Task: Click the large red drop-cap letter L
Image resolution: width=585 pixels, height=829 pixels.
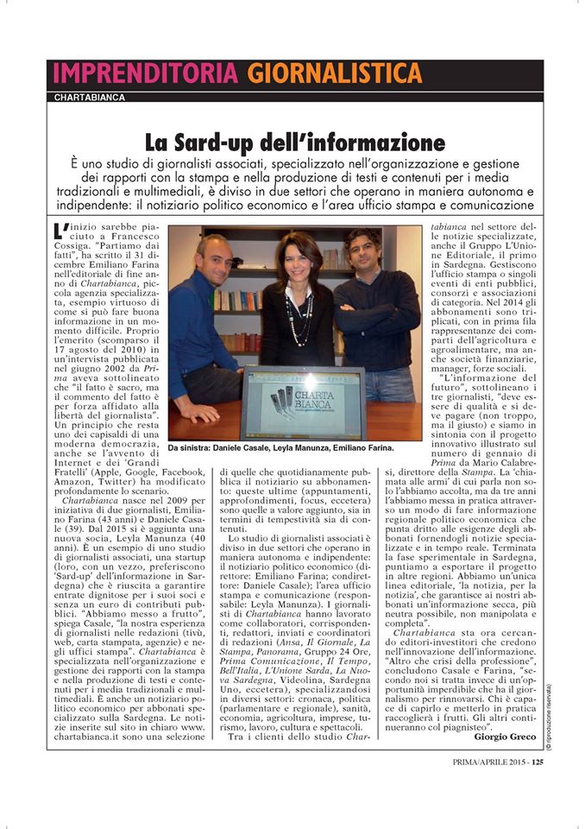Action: [58, 231]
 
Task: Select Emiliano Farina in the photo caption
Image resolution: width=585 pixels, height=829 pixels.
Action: [364, 449]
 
